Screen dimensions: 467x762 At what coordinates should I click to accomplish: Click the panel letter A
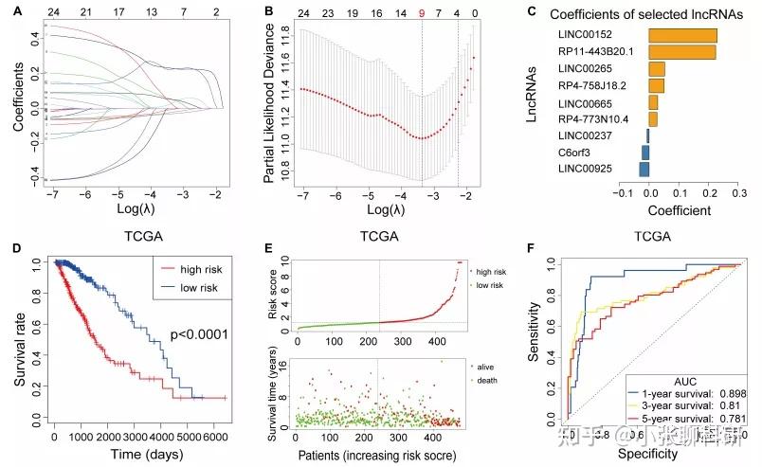8,10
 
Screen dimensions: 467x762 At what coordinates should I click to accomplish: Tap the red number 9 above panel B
422,14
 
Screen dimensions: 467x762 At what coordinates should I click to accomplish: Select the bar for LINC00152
681,35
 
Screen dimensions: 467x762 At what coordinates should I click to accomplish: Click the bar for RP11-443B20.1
681,52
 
